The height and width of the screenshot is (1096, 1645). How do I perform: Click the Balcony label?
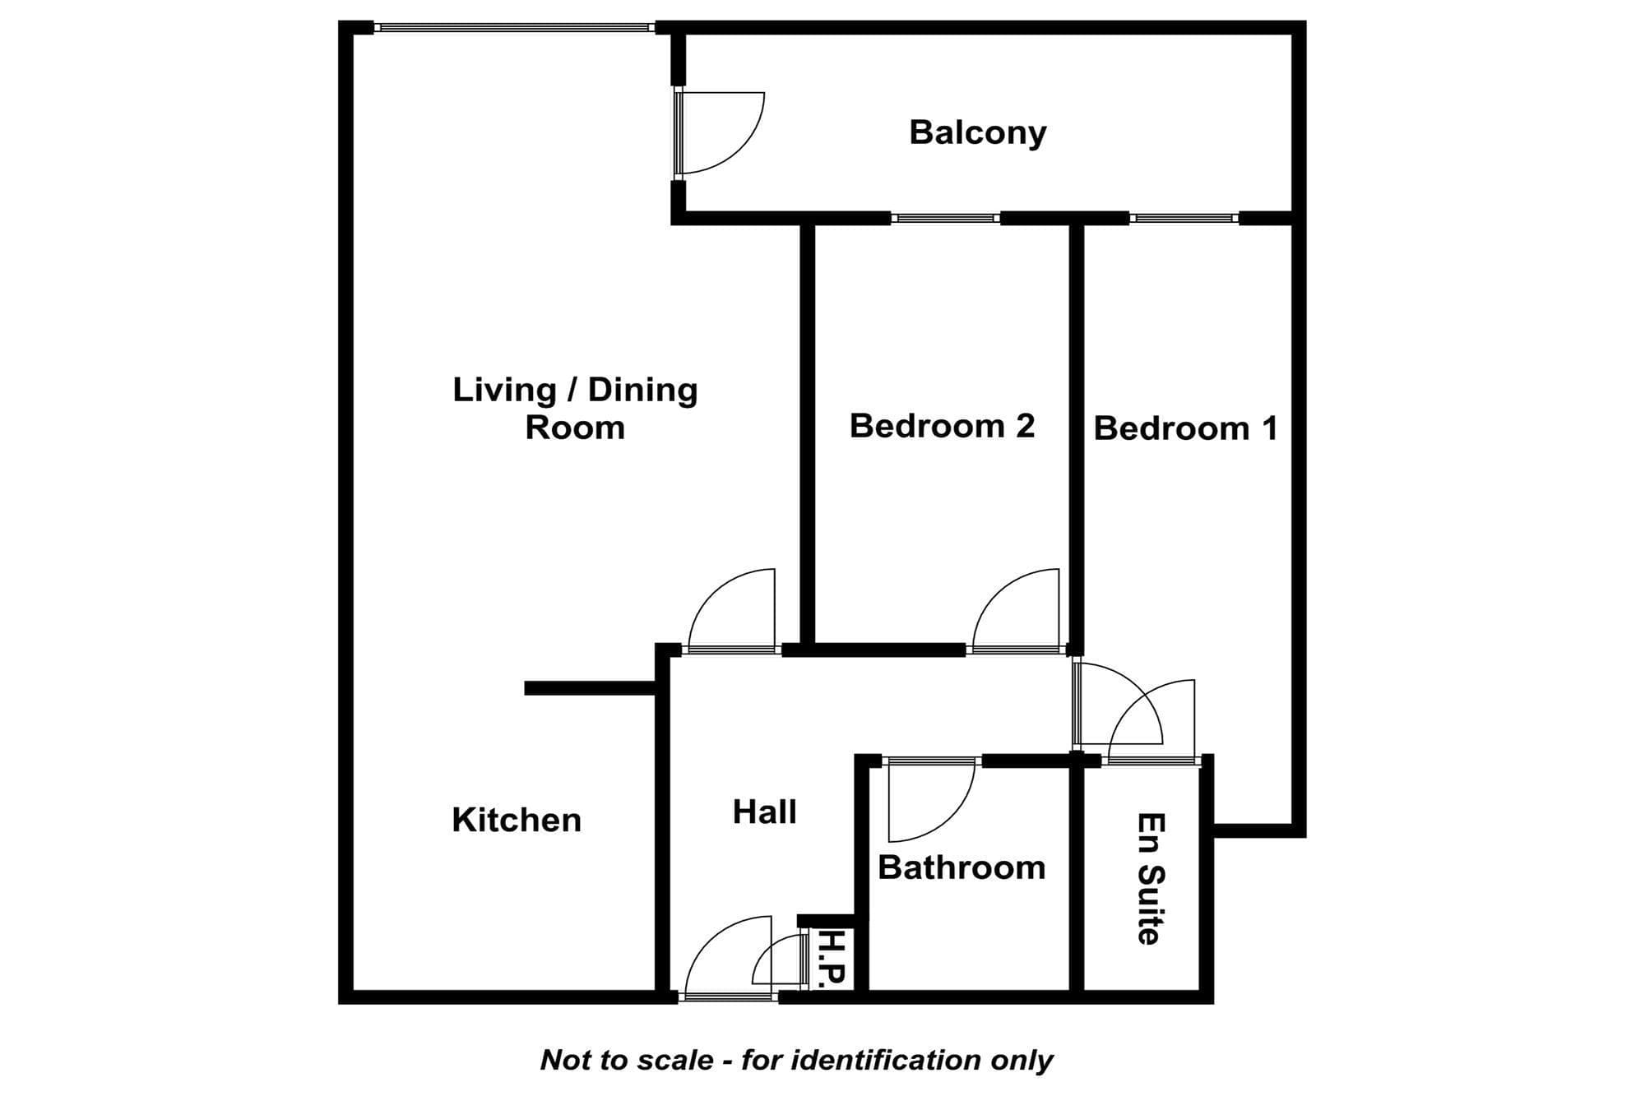pyautogui.click(x=977, y=133)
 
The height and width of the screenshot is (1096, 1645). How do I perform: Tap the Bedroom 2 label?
pyautogui.click(x=942, y=426)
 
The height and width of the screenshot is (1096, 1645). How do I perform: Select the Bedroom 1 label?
pyautogui.click(x=1185, y=428)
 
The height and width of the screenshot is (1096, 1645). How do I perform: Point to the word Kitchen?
pyautogui.click(x=517, y=820)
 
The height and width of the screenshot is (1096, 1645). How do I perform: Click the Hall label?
pyautogui.click(x=765, y=812)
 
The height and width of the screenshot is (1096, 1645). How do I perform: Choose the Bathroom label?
pyautogui.click(x=962, y=867)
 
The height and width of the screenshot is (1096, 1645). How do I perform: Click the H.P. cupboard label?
pyautogui.click(x=833, y=958)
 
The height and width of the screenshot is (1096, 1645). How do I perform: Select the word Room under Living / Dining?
pyautogui.click(x=575, y=428)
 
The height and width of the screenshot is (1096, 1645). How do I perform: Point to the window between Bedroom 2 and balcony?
pyautogui.click(x=945, y=218)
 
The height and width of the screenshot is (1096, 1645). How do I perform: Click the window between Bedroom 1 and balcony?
pyautogui.click(x=1184, y=218)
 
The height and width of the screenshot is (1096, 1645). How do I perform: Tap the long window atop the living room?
pyautogui.click(x=515, y=28)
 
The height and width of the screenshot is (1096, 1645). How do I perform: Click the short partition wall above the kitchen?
pyautogui.click(x=591, y=688)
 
